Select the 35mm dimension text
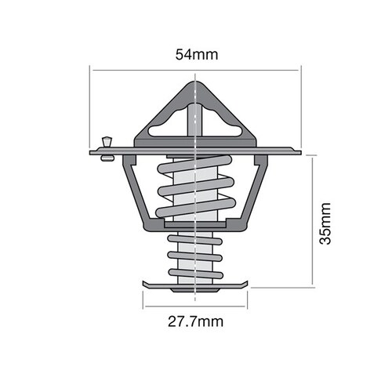[x=327, y=223]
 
